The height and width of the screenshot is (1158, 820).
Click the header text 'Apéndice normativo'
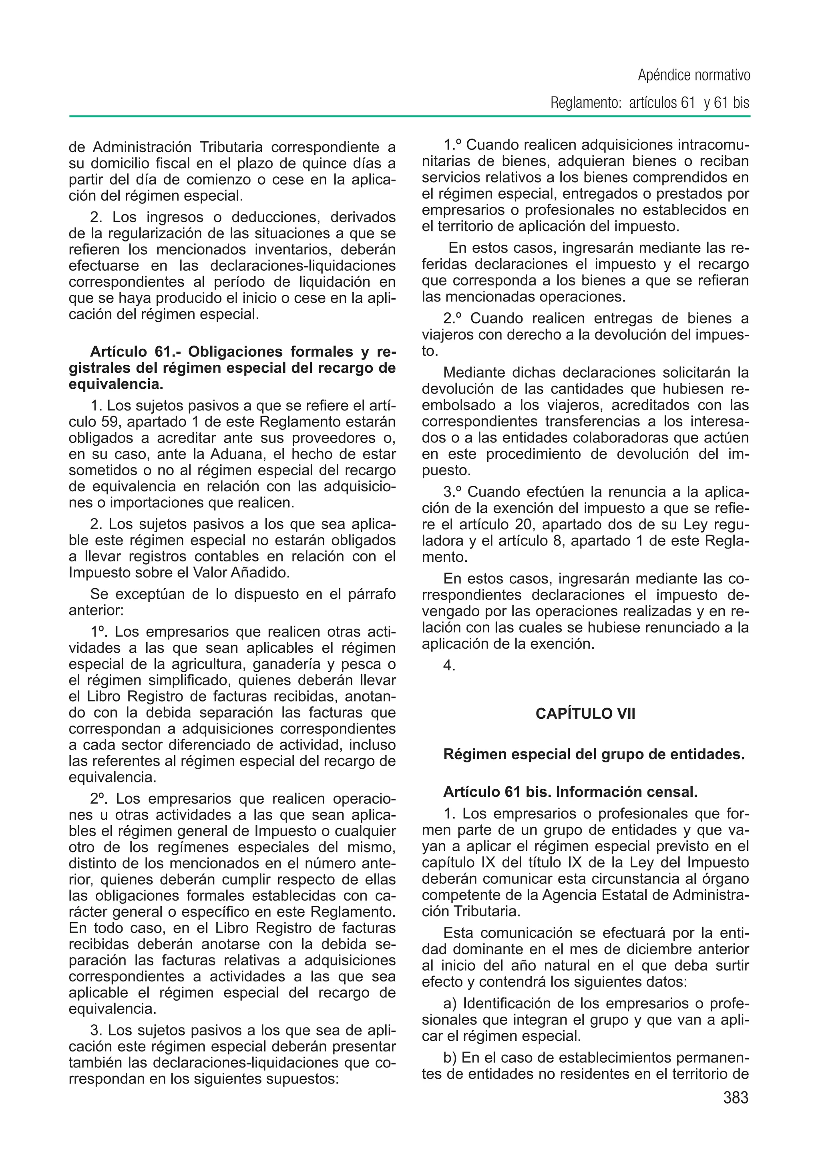click(694, 76)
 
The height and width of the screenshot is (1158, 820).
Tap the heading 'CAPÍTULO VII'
click(585, 714)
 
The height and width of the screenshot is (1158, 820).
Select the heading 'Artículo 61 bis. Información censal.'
click(570, 792)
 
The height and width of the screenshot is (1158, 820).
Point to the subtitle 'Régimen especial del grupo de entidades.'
click(594, 754)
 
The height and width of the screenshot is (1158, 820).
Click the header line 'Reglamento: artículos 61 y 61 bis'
click(650, 103)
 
